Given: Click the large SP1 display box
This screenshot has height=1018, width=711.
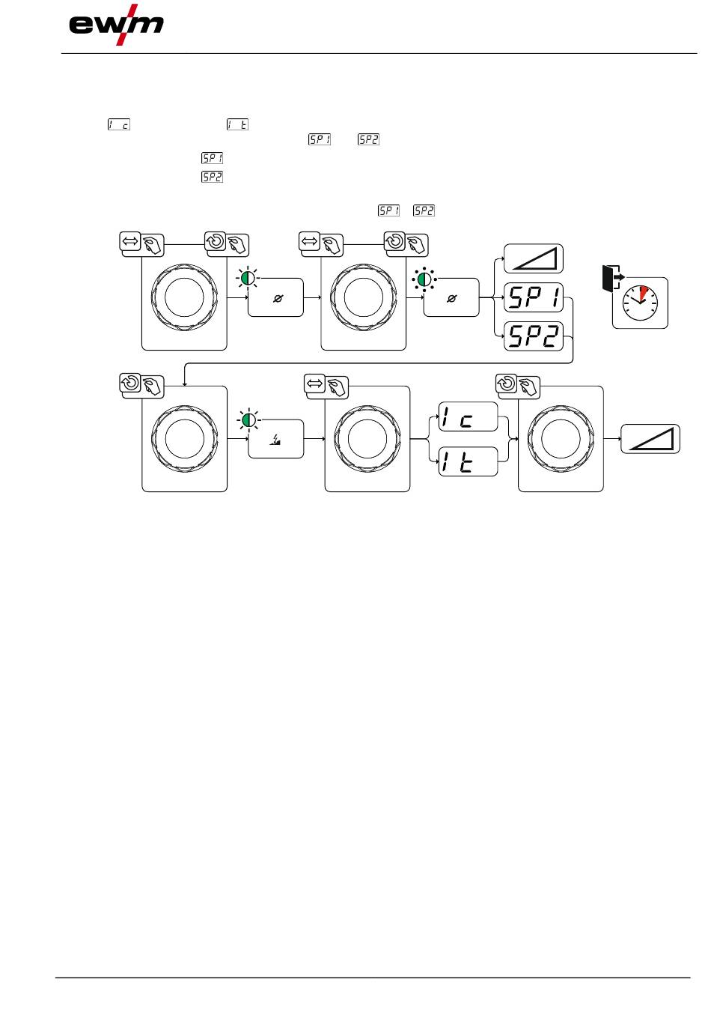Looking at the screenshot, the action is (x=534, y=298).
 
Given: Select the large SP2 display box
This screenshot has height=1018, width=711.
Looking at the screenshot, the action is (x=534, y=336).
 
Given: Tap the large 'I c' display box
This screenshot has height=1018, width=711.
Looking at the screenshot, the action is (x=468, y=416).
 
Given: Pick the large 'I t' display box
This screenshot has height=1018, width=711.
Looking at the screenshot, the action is (x=468, y=461).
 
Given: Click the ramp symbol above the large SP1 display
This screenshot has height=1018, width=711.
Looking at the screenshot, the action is (x=533, y=259).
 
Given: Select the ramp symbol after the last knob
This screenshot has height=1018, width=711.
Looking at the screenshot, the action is (x=650, y=438).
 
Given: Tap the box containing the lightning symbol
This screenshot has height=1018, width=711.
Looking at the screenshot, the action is (x=275, y=439).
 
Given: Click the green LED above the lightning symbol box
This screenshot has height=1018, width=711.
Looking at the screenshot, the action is (x=248, y=419).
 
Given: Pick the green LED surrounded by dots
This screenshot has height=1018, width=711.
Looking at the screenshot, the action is (x=424, y=279).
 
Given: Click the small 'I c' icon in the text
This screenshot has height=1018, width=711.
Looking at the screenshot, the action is (x=118, y=124).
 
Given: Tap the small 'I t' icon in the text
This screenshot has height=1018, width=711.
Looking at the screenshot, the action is (x=237, y=124).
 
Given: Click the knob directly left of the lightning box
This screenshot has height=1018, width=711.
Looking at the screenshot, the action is (x=184, y=438).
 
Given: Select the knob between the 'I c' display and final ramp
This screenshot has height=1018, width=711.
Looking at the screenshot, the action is (x=561, y=438).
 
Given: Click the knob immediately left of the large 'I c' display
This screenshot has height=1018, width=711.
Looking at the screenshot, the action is (x=367, y=438).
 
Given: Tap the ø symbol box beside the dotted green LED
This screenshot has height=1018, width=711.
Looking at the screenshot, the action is (x=451, y=298).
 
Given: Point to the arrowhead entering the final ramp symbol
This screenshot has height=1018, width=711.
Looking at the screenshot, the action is (x=620, y=438).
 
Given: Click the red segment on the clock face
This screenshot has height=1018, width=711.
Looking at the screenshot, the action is (x=644, y=291).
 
